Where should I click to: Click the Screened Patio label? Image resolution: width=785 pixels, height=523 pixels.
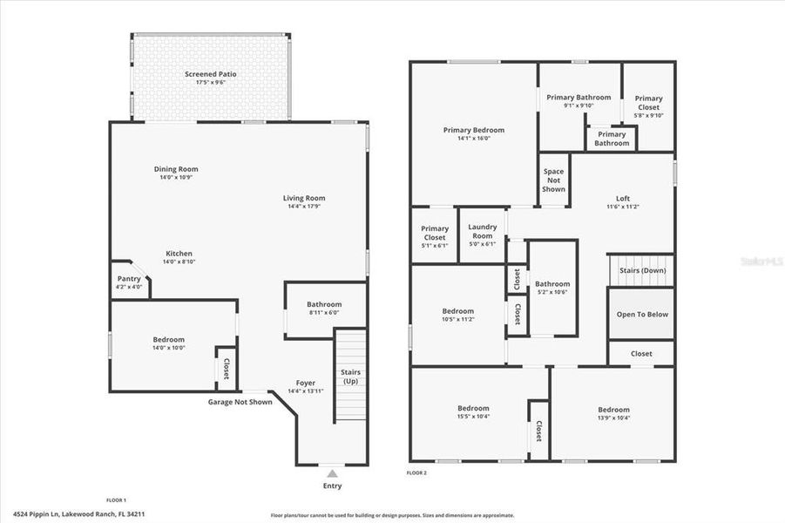tap(210, 75)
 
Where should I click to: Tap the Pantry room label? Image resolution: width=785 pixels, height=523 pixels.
tap(129, 279)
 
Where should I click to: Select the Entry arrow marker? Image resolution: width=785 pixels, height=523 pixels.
tap(332, 473)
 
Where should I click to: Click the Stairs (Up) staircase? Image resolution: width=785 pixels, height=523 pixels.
tap(350, 377)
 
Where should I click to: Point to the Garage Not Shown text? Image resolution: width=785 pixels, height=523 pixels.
tap(240, 402)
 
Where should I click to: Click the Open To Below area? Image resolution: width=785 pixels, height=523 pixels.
tap(642, 315)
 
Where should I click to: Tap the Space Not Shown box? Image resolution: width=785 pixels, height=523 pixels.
tap(553, 180)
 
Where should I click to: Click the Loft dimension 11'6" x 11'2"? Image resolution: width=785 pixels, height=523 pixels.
tap(622, 207)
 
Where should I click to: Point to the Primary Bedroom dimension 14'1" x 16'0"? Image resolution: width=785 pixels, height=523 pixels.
tap(473, 138)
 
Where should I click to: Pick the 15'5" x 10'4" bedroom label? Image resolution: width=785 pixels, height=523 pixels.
tap(473, 417)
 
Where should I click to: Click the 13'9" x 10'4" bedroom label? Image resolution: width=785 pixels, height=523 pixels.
tap(612, 418)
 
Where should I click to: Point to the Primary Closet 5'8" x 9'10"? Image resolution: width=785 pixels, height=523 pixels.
tap(648, 107)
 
